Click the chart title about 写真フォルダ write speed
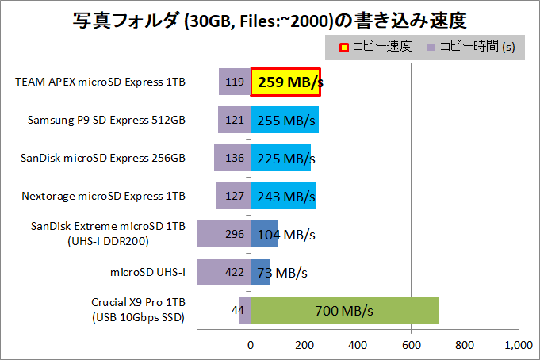tap(270, 17)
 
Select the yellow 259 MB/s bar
tap(285, 82)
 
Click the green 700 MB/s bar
tap(344, 310)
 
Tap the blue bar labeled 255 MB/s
tap(285, 120)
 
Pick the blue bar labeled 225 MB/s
tap(281, 158)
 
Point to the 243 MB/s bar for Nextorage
tap(283, 196)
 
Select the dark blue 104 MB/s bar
tap(265, 234)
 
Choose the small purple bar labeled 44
tap(244, 310)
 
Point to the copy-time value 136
tap(234, 158)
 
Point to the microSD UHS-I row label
tap(147, 272)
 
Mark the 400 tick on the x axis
tap(358, 345)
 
